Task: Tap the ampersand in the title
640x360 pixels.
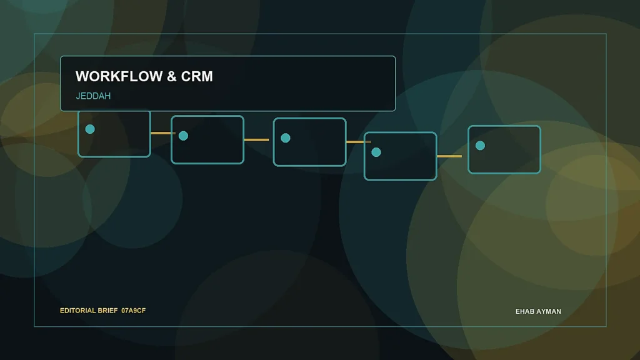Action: [172, 76]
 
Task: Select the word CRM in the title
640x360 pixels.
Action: [197, 76]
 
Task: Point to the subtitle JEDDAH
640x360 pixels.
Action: [93, 96]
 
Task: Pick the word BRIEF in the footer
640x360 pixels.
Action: [107, 311]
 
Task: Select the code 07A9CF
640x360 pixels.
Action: [134, 311]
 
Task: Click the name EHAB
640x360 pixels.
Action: [524, 311]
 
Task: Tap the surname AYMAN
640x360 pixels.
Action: [548, 311]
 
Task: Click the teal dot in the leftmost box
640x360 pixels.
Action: [90, 129]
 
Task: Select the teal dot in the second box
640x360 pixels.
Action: [183, 136]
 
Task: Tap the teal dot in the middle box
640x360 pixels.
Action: [286, 138]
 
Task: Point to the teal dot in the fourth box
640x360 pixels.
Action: [376, 152]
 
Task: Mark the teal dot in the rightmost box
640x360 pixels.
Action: [480, 146]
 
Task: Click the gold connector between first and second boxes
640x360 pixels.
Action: [163, 133]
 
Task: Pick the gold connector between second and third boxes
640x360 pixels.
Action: [256, 139]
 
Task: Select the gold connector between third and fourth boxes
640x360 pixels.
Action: [359, 142]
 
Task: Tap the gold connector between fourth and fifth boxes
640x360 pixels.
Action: [449, 156]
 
